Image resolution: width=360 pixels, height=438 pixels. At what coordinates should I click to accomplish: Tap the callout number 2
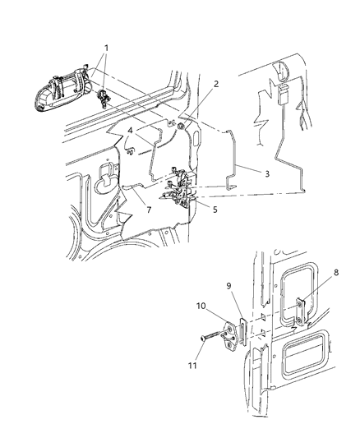click(x=216, y=85)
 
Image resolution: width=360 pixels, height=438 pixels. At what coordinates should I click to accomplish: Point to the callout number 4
click(x=131, y=130)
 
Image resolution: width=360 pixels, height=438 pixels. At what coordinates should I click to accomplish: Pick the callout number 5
click(x=215, y=209)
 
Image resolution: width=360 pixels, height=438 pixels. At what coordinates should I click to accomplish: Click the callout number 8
click(x=335, y=270)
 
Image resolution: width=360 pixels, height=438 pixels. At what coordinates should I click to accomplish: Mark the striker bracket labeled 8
click(x=302, y=310)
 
